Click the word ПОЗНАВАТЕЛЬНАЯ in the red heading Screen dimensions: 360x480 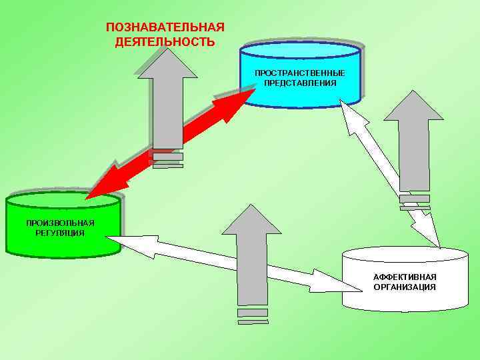(165, 27)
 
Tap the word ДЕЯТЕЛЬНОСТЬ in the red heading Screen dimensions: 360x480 (165, 42)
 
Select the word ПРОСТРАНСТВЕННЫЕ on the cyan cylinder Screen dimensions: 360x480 (300, 72)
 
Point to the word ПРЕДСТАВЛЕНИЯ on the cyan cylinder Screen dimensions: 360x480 (300, 83)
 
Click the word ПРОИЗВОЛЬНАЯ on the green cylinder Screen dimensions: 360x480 (60, 223)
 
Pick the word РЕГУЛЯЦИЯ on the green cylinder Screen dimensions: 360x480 (60, 233)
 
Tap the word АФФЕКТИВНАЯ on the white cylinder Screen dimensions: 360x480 (405, 276)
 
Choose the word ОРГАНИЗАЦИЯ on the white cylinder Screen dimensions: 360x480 (405, 287)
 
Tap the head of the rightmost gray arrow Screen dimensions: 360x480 (413, 107)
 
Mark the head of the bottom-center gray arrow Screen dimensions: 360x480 (251, 219)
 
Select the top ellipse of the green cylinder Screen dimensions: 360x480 (63, 199)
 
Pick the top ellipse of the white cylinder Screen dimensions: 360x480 (405, 254)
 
